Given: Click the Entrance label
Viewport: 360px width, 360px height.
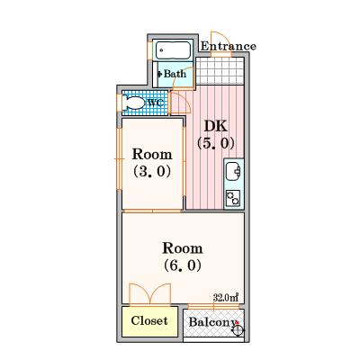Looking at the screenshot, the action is (229, 46).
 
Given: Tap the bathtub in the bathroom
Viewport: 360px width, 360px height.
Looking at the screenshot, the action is (174, 49).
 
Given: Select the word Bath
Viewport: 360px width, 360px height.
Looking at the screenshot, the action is (175, 74).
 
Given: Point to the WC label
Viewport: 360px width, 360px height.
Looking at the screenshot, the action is (157, 103).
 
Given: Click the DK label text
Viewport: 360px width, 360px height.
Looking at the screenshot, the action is (216, 126).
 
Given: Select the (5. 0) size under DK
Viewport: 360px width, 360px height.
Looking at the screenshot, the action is (215, 143).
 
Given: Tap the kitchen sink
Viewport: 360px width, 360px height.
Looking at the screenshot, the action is (233, 171).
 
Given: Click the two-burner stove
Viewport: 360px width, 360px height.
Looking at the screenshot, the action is (233, 198).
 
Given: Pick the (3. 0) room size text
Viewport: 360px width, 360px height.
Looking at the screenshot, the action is (152, 171).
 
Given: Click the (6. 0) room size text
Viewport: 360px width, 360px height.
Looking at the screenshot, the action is (183, 265).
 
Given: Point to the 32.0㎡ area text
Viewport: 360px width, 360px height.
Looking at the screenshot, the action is (226, 297).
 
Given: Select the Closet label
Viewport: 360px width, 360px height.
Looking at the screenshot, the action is (149, 320).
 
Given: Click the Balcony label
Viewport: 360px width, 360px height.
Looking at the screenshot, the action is (212, 322).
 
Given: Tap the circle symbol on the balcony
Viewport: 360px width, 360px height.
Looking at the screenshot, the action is (238, 330).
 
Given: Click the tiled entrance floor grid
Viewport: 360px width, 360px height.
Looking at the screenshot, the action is (220, 71).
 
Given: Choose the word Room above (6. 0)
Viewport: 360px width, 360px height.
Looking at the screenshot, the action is (183, 248).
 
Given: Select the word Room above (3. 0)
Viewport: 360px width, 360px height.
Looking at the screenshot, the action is (152, 154).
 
